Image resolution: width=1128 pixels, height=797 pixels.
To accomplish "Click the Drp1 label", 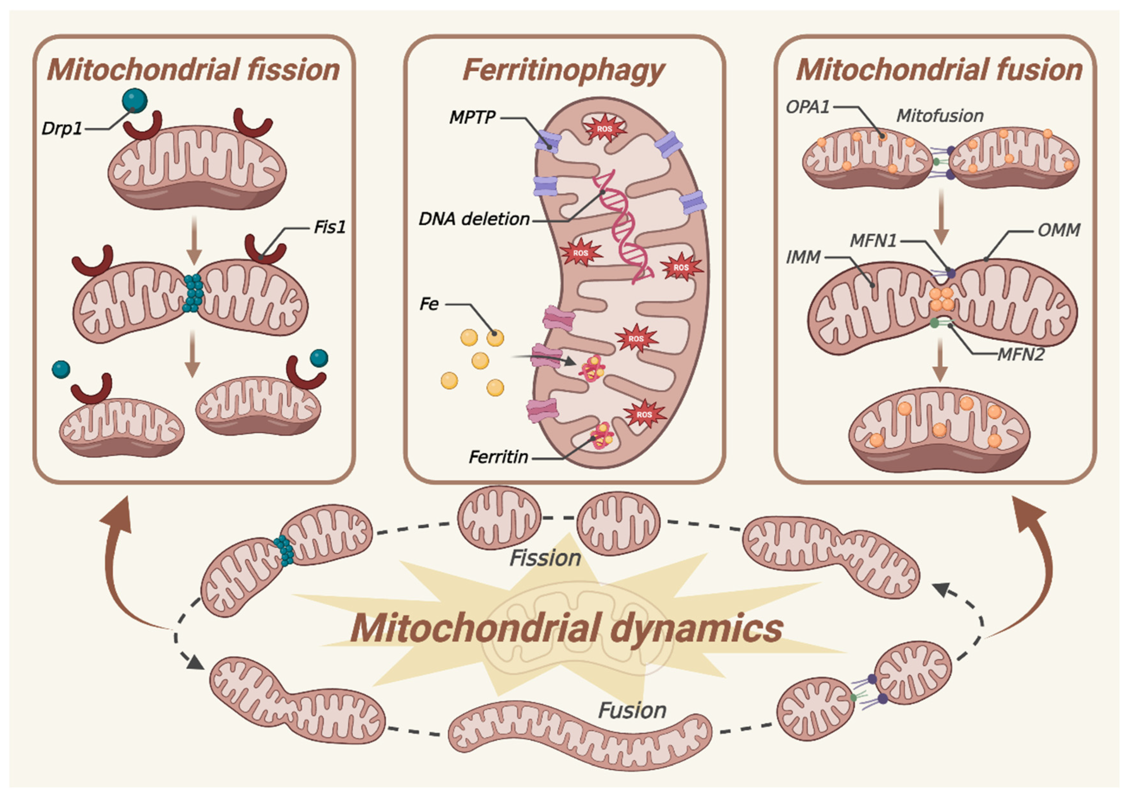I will (61, 129).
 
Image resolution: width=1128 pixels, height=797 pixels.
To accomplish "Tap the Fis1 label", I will (330, 228).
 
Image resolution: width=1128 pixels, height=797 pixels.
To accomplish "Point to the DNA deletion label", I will (474, 219).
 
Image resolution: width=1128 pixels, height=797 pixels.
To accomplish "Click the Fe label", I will (429, 304).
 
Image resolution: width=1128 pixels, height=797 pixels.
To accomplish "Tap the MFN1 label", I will (873, 241).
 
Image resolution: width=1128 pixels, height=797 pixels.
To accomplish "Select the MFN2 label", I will (1020, 354).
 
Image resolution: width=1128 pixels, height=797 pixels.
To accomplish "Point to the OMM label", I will (1059, 230).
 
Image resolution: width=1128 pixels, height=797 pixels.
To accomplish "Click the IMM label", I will (803, 257).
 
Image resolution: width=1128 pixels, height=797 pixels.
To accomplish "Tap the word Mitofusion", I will (939, 116).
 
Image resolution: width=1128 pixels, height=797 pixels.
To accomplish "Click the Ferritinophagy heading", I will (563, 70).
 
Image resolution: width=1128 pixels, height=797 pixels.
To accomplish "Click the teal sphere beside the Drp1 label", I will (135, 100).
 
